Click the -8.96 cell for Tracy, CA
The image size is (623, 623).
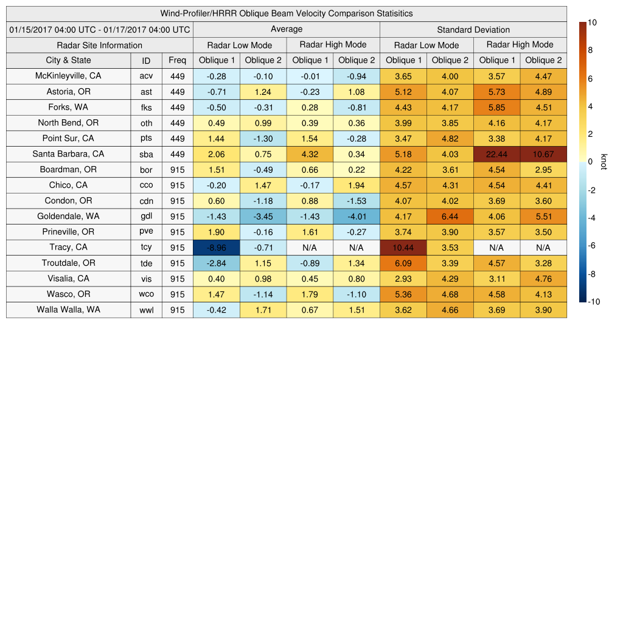click(x=216, y=248)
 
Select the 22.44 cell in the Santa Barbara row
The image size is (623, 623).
click(x=496, y=154)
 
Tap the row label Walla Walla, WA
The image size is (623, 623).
click(x=68, y=310)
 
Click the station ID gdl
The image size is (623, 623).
click(x=146, y=217)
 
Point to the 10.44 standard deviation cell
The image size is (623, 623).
click(x=403, y=248)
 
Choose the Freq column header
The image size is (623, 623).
click(x=178, y=60)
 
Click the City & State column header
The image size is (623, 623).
click(x=68, y=60)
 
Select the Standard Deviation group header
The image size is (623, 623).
click(x=473, y=29)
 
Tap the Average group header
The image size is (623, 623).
click(x=286, y=29)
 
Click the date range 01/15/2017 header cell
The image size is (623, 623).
click(x=100, y=29)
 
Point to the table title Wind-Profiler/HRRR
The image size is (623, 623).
click(x=286, y=13)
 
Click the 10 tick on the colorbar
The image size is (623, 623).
click(x=593, y=23)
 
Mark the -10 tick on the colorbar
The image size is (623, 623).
click(x=594, y=302)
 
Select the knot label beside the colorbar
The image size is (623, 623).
click(x=604, y=162)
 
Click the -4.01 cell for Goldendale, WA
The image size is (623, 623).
click(x=357, y=217)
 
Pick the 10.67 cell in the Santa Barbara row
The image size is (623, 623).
click(x=543, y=154)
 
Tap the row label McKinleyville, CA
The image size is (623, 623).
click(x=68, y=76)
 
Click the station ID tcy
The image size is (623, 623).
click(x=146, y=248)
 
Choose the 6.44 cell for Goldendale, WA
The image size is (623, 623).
click(x=450, y=217)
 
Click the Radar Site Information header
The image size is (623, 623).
click(x=99, y=45)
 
